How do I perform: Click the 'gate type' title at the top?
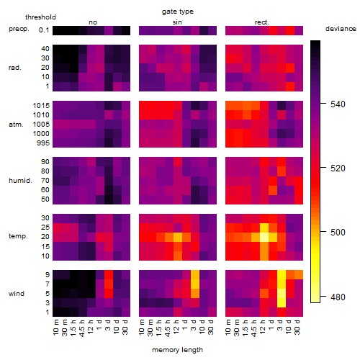(178, 12)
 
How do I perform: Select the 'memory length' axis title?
(177, 350)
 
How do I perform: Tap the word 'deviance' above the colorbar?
(341, 29)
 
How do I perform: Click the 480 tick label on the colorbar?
(338, 297)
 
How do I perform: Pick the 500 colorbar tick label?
(338, 233)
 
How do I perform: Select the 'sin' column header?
(177, 22)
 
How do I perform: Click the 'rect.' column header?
(262, 22)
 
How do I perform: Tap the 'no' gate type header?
(93, 22)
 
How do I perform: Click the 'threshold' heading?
(40, 17)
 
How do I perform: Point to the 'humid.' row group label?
(20, 181)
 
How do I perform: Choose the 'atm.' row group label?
(16, 125)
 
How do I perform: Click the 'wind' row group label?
(17, 294)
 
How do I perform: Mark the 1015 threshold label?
(41, 106)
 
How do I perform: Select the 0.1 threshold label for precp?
(44, 30)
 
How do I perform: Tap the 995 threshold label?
(43, 143)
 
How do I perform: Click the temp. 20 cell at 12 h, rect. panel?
(264, 237)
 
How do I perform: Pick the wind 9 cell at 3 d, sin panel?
(195, 274)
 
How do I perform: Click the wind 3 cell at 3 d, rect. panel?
(282, 302)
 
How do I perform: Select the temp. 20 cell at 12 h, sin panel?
(178, 237)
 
